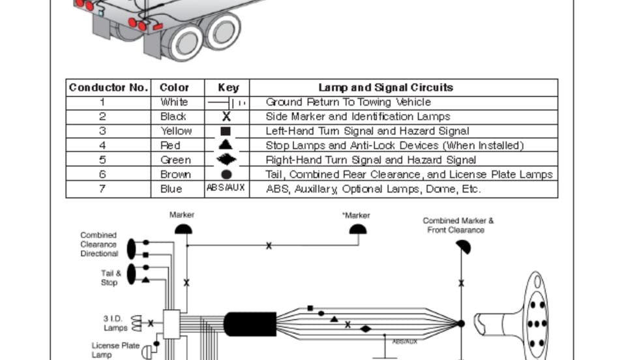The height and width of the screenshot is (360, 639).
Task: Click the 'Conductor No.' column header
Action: click(109, 87)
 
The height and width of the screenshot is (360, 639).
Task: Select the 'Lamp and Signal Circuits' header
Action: click(385, 87)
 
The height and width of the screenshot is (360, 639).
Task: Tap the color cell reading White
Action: click(174, 102)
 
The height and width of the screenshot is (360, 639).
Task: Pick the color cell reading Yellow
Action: click(176, 131)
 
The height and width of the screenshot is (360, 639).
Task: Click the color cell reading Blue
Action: click(172, 189)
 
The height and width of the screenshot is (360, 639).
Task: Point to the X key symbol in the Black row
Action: click(226, 117)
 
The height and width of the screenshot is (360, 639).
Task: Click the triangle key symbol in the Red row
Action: click(226, 145)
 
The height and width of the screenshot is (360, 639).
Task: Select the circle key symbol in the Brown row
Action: click(226, 174)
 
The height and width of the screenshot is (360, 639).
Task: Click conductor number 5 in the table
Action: click(102, 160)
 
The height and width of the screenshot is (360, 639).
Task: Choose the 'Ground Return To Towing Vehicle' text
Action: click(348, 102)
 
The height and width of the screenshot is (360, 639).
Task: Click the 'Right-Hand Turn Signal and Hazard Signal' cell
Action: click(371, 160)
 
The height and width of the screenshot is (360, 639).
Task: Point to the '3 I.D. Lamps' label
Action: click(115, 323)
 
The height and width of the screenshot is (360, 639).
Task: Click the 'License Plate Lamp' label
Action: click(115, 350)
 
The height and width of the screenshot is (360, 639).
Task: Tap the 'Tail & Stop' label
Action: click(110, 278)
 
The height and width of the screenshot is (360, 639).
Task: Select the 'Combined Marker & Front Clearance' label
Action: click(458, 225)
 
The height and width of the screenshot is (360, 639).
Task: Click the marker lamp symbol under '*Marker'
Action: click(357, 229)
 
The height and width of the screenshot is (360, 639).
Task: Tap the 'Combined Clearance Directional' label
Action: click(99, 244)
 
